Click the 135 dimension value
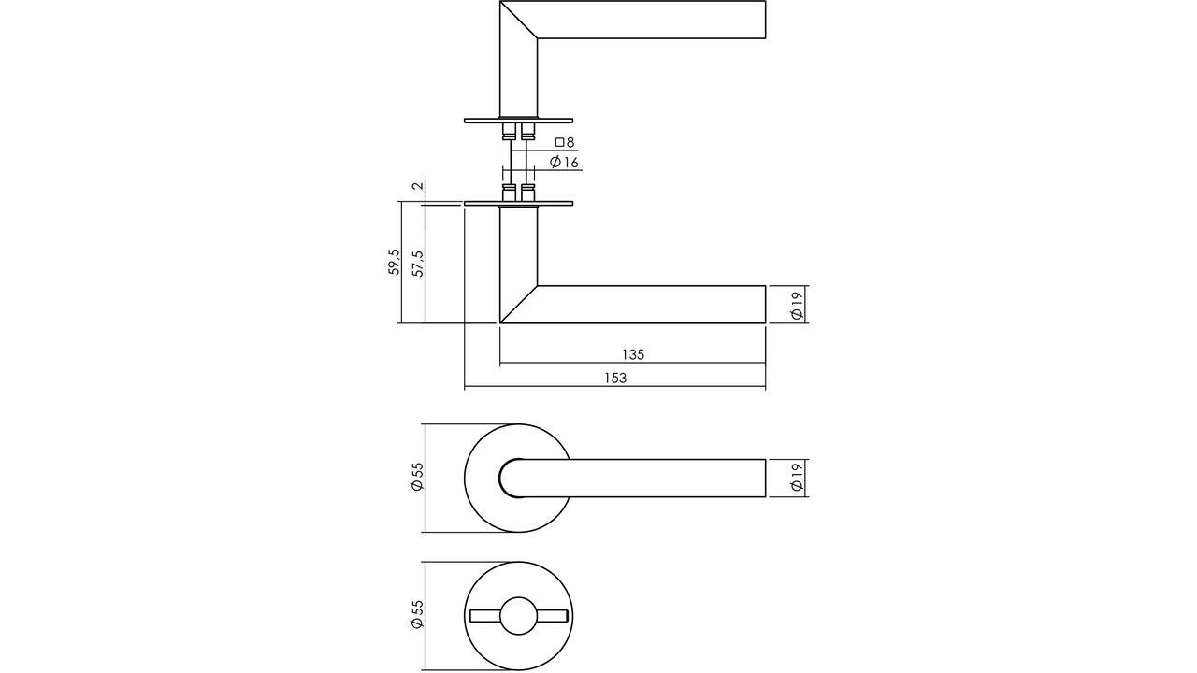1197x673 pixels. pos(633,354)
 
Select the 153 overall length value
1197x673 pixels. pos(614,378)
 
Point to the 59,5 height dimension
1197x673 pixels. pos(395,262)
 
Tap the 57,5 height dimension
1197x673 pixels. pos(418,263)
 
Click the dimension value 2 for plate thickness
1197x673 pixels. pos(418,185)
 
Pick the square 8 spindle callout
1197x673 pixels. pos(564,142)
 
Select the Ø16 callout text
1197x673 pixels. pos(565,163)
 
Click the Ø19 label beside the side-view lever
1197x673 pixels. pos(796,305)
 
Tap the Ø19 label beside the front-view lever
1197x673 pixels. pos(796,479)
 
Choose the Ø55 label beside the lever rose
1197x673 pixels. pos(418,478)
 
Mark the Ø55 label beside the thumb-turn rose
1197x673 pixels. pos(418,615)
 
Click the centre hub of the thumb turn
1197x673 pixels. pos(518,615)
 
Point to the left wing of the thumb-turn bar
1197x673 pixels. pos(484,615)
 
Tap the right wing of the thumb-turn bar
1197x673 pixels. pos(552,615)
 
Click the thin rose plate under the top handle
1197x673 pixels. pos(518,120)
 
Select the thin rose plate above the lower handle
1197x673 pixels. pos(518,203)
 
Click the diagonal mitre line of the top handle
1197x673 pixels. pos(519,20)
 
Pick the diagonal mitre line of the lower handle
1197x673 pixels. pos(519,304)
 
